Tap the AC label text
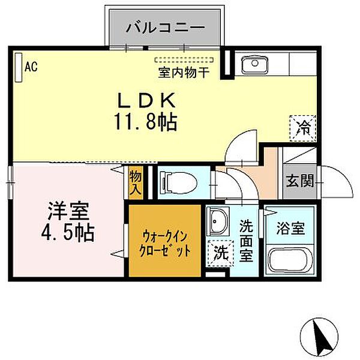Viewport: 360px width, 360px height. (31, 67)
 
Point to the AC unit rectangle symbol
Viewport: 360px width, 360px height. (18, 65)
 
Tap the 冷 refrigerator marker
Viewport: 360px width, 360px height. (304, 127)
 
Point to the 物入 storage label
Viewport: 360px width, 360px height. (136, 181)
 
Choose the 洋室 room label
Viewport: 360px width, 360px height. (68, 212)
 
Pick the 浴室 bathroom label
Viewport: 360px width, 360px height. (290, 229)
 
